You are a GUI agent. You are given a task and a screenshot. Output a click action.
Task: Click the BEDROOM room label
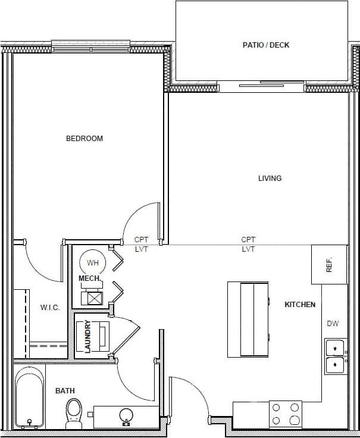tap(84, 139)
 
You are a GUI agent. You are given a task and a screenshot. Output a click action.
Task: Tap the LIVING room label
tap(270, 179)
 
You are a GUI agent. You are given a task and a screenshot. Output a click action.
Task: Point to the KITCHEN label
tap(300, 305)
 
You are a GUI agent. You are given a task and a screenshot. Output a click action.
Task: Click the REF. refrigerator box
tap(329, 264)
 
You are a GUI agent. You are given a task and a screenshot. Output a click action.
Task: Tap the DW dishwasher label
tap(333, 324)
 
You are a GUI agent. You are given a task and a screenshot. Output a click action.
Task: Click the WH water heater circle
tap(92, 262)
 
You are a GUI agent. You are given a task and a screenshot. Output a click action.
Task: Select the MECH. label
tap(90, 279)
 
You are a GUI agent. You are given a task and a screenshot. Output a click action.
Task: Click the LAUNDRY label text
tap(88, 337)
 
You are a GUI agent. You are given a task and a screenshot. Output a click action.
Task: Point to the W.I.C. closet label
tap(50, 308)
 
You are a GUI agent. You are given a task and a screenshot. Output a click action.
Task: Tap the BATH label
tap(65, 391)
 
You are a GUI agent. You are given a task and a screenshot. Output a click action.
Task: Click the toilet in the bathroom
tap(74, 412)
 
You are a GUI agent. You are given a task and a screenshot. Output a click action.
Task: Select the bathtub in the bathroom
tap(29, 398)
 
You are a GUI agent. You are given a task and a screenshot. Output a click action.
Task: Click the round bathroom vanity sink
tap(126, 415)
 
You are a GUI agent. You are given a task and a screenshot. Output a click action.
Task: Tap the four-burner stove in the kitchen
tap(286, 414)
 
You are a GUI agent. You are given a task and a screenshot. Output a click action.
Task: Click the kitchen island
tap(248, 319)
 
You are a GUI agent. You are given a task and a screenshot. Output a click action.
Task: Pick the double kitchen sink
tap(336, 356)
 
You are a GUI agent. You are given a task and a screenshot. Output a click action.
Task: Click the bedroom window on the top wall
tap(90, 46)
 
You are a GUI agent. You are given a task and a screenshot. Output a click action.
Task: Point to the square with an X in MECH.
tap(95, 298)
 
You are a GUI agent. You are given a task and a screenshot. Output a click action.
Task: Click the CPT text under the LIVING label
tap(248, 240)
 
